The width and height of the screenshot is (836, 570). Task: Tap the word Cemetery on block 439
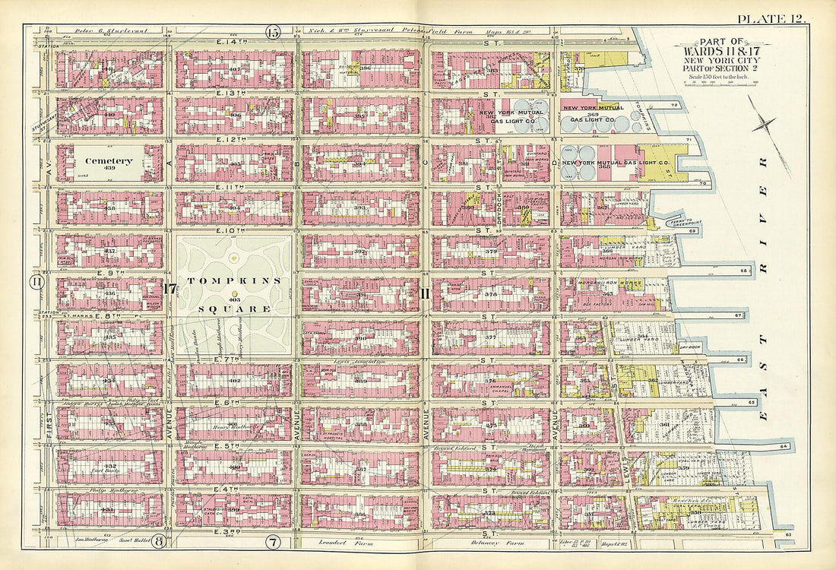pos(109,161)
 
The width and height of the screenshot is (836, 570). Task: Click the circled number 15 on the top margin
pos(273,32)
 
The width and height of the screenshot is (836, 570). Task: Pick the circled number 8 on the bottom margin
pos(159,542)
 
